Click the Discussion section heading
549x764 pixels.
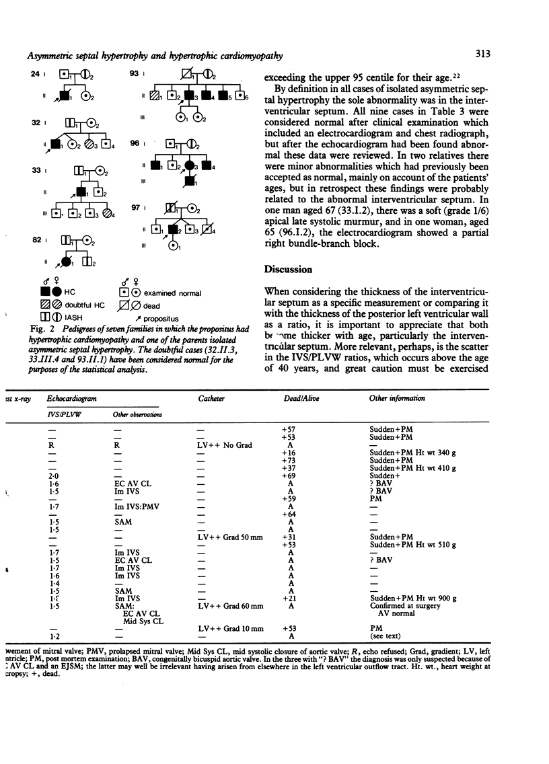click(x=288, y=269)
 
